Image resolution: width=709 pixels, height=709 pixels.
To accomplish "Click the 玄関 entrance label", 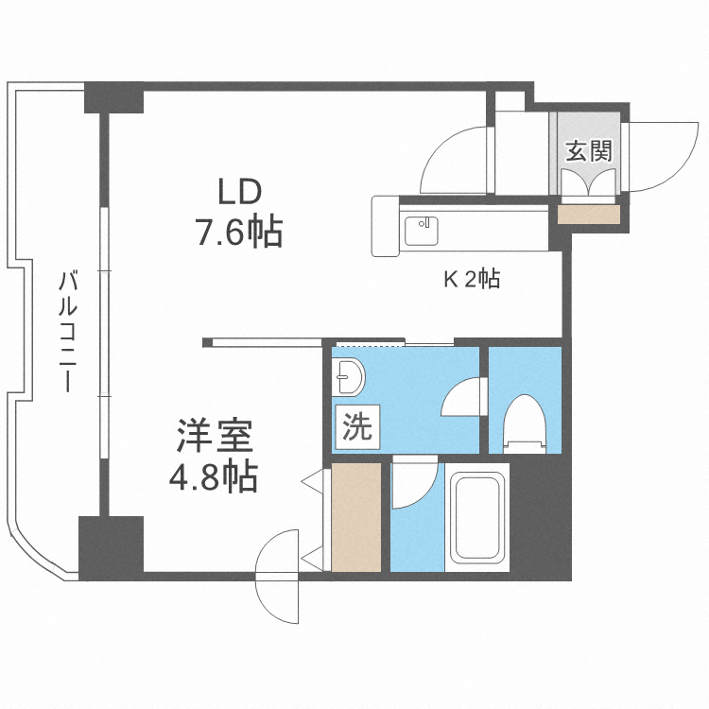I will click(587, 151).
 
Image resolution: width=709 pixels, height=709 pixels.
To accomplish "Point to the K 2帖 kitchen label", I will click(472, 279).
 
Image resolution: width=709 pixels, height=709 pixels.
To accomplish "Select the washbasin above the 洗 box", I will click(349, 378).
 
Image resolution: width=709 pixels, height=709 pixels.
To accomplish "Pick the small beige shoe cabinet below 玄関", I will click(588, 215).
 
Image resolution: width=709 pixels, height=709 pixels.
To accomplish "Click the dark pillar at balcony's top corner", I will click(112, 97).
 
